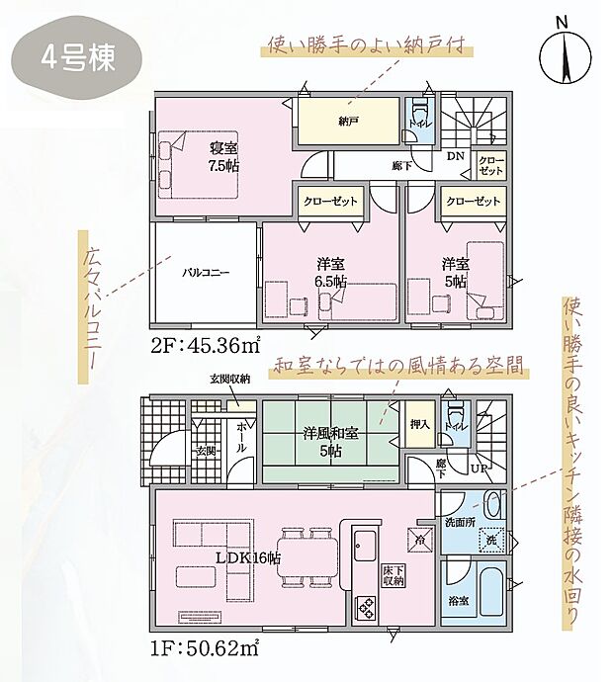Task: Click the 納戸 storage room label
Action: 348,122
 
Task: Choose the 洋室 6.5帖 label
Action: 330,273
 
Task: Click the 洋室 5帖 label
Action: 455,273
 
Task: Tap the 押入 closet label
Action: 419,424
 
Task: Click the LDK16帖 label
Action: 248,557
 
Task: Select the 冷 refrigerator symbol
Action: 419,540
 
